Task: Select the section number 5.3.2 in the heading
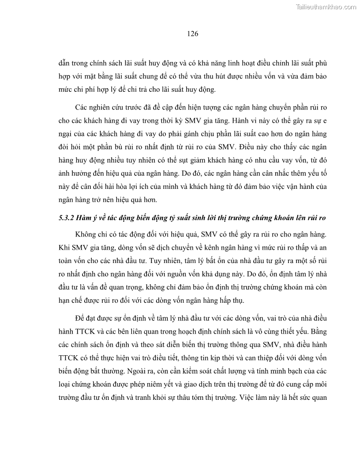(67, 218)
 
